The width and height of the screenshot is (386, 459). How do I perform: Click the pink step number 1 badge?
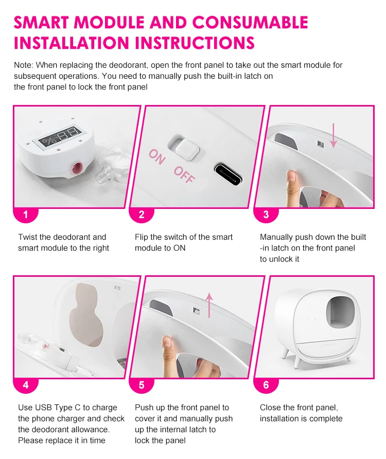(26, 215)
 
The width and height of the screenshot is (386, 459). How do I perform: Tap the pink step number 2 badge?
(142, 215)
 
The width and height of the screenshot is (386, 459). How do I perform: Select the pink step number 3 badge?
(266, 215)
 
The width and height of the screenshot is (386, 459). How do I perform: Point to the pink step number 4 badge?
(26, 385)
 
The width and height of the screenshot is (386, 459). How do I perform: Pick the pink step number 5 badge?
(142, 385)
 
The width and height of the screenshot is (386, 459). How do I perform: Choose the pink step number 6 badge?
(266, 385)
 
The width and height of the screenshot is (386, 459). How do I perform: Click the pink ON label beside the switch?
(157, 157)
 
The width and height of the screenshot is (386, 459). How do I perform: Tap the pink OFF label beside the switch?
(184, 175)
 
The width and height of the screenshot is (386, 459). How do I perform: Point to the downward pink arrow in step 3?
(334, 135)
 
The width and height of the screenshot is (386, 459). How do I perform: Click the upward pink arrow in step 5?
(209, 305)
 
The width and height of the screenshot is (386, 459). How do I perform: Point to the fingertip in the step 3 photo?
(291, 176)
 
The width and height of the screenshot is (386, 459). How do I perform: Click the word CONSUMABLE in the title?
(250, 23)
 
